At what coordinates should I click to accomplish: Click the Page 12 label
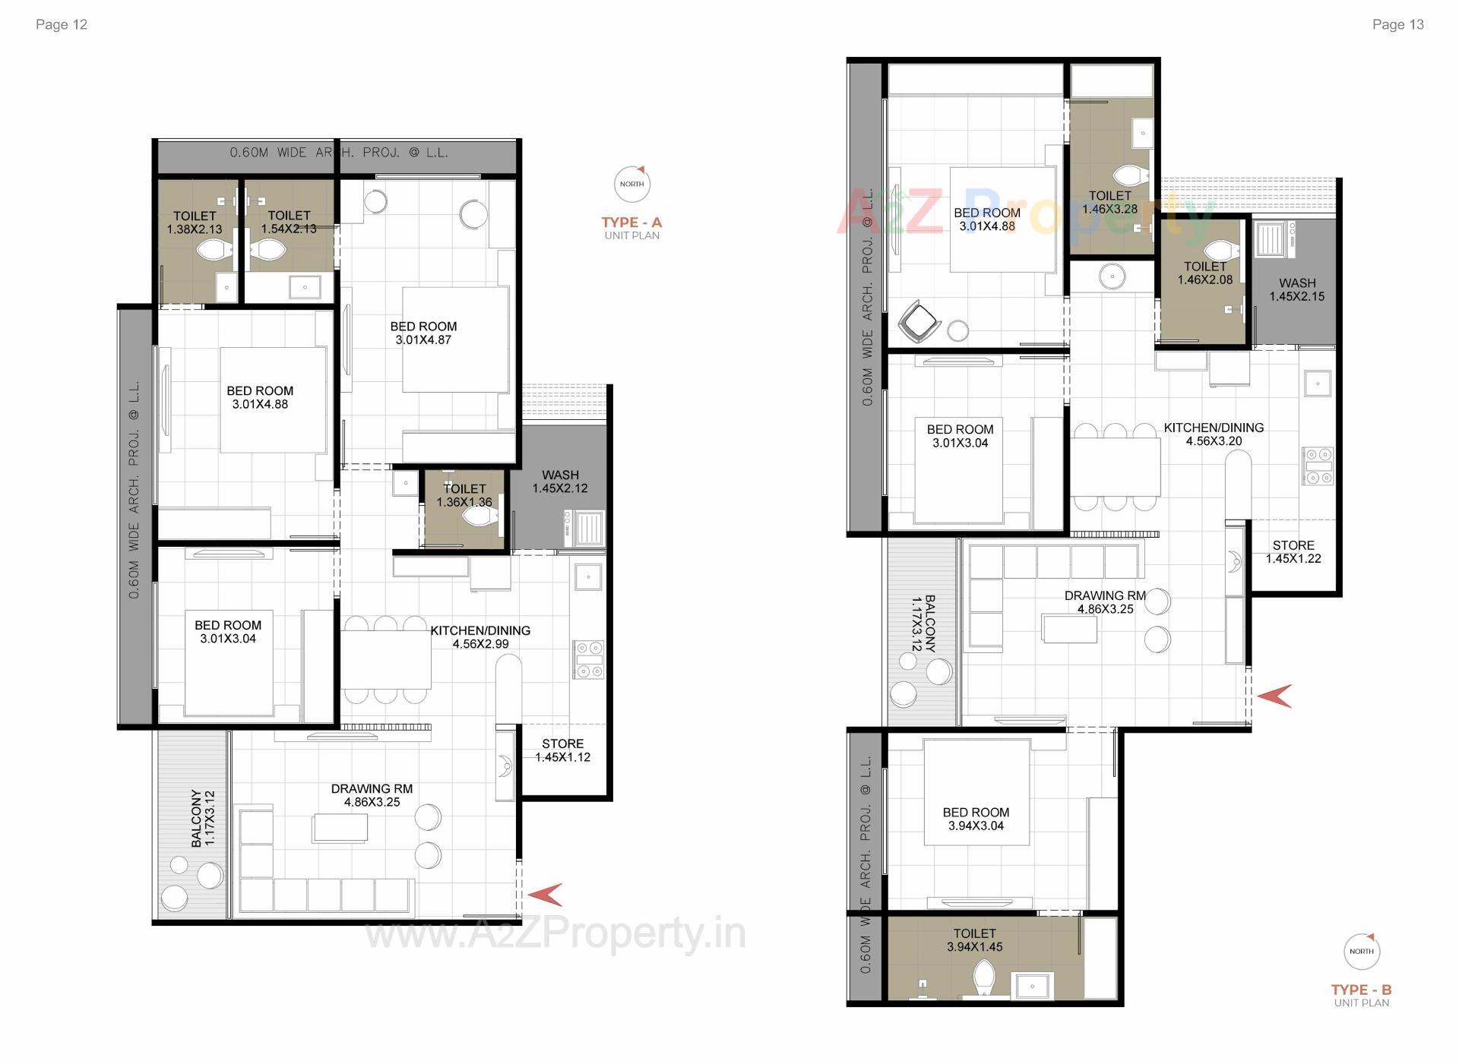[x=62, y=24]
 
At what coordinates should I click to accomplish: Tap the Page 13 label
[x=1397, y=24]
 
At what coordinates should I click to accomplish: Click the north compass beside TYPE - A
[x=631, y=184]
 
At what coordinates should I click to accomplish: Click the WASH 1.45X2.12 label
[x=560, y=481]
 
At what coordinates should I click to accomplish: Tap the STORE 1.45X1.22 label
[x=1293, y=551]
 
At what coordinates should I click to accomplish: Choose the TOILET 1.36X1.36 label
[x=464, y=495]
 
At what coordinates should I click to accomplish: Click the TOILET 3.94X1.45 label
[x=974, y=939]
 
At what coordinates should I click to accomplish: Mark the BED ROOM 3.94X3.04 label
[x=976, y=819]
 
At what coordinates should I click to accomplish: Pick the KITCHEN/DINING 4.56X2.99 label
[x=480, y=636]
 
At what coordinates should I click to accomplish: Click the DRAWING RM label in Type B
[x=1105, y=601]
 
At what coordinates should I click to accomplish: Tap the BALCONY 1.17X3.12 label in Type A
[x=203, y=818]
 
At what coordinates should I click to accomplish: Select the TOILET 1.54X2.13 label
[x=289, y=222]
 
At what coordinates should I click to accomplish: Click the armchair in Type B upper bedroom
[x=919, y=322]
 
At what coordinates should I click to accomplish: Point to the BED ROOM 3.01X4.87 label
[x=423, y=333]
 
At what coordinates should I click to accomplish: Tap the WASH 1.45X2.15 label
[x=1296, y=289]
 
